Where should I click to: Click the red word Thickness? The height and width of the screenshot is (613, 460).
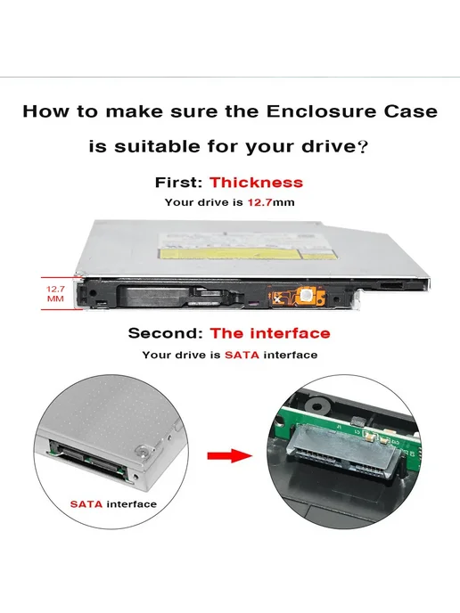click(x=256, y=183)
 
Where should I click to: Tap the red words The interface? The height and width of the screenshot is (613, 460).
click(x=270, y=333)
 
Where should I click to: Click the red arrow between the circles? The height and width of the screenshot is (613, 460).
click(x=230, y=455)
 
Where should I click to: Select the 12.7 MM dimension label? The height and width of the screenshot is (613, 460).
click(x=55, y=294)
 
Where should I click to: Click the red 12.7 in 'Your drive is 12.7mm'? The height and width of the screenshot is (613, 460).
click(x=259, y=202)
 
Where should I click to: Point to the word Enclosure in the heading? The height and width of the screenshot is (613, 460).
click(x=321, y=111)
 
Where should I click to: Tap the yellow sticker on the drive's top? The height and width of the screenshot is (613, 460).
click(x=230, y=253)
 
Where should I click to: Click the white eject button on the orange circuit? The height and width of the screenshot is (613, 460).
click(x=306, y=295)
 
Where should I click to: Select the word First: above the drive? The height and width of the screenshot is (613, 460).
click(x=179, y=183)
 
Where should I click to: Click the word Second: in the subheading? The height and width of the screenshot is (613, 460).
click(x=166, y=333)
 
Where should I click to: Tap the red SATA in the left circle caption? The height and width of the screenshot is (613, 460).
click(x=86, y=504)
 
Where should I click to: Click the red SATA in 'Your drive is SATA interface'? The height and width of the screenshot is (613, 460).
click(x=242, y=355)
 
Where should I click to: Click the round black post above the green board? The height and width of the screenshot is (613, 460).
click(x=316, y=405)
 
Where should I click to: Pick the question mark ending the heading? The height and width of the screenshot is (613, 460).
click(x=363, y=147)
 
